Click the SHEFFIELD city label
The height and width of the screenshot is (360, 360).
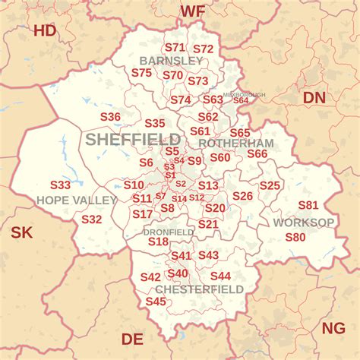click(133, 140)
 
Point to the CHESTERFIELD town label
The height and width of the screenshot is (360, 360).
click(199, 289)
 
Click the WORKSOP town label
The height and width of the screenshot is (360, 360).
click(304, 223)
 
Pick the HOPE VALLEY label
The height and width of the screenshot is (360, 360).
click(77, 200)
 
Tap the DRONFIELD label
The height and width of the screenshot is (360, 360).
click(169, 232)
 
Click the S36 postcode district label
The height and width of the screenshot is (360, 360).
click(110, 117)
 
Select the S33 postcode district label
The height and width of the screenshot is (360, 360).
click(60, 185)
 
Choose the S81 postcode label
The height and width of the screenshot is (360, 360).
click(308, 205)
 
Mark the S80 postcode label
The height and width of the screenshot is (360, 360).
click(295, 237)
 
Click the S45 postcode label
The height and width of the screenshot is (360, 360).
click(156, 302)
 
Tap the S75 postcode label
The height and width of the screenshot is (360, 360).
click(141, 73)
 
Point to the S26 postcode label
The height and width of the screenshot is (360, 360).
click(242, 196)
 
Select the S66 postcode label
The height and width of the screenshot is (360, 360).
click(257, 153)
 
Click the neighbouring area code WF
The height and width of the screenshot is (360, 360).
click(192, 11)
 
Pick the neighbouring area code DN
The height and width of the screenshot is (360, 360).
click(314, 97)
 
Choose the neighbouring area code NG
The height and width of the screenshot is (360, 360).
click(333, 327)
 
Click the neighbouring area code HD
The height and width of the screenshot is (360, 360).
click(46, 30)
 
